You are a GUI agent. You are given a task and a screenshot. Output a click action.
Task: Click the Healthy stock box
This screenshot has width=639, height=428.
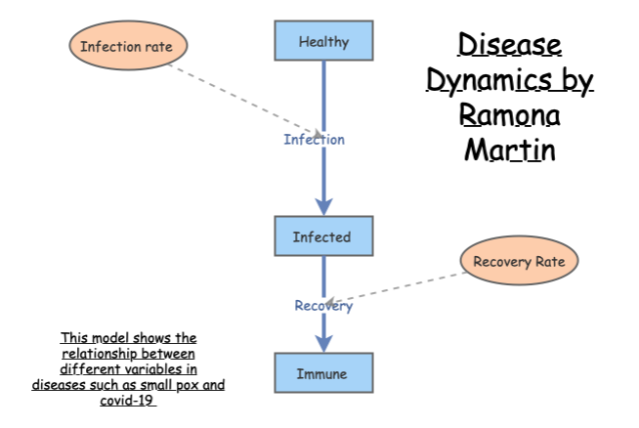pyautogui.click(x=323, y=42)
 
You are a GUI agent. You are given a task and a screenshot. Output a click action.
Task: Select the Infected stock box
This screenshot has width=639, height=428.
pyautogui.click(x=322, y=236)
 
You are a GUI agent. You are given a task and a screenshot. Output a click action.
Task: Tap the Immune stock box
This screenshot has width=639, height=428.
pyautogui.click(x=322, y=373)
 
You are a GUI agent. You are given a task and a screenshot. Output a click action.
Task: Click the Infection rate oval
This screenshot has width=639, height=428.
pyautogui.click(x=126, y=46)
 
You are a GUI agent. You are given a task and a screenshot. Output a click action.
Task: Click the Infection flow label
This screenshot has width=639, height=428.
pyautogui.click(x=315, y=139)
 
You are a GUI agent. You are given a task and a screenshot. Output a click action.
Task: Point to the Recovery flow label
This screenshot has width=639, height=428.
pyautogui.click(x=323, y=306)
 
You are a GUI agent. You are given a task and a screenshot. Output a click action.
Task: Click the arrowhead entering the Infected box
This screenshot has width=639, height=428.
pyautogui.click(x=323, y=205)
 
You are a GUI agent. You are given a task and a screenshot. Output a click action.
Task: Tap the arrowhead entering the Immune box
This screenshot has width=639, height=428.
pyautogui.click(x=323, y=343)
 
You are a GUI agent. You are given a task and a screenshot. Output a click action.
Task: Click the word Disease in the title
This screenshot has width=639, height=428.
pyautogui.click(x=510, y=45)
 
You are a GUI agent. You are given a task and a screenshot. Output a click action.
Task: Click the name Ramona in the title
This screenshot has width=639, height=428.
pyautogui.click(x=509, y=116)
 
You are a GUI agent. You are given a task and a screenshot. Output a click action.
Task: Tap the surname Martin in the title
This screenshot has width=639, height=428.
pyautogui.click(x=509, y=151)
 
